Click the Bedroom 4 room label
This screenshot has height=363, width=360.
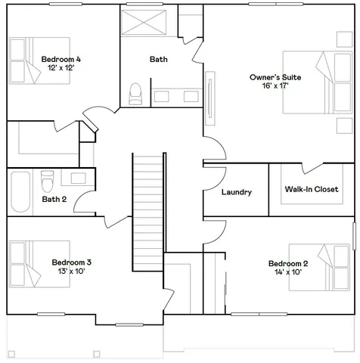coord(61,59)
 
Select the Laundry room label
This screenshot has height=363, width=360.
coord(236,192)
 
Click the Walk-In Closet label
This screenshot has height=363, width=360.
coord(311,189)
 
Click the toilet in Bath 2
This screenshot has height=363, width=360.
coord(48,182)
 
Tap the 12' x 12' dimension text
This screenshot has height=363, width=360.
coord(61,68)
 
